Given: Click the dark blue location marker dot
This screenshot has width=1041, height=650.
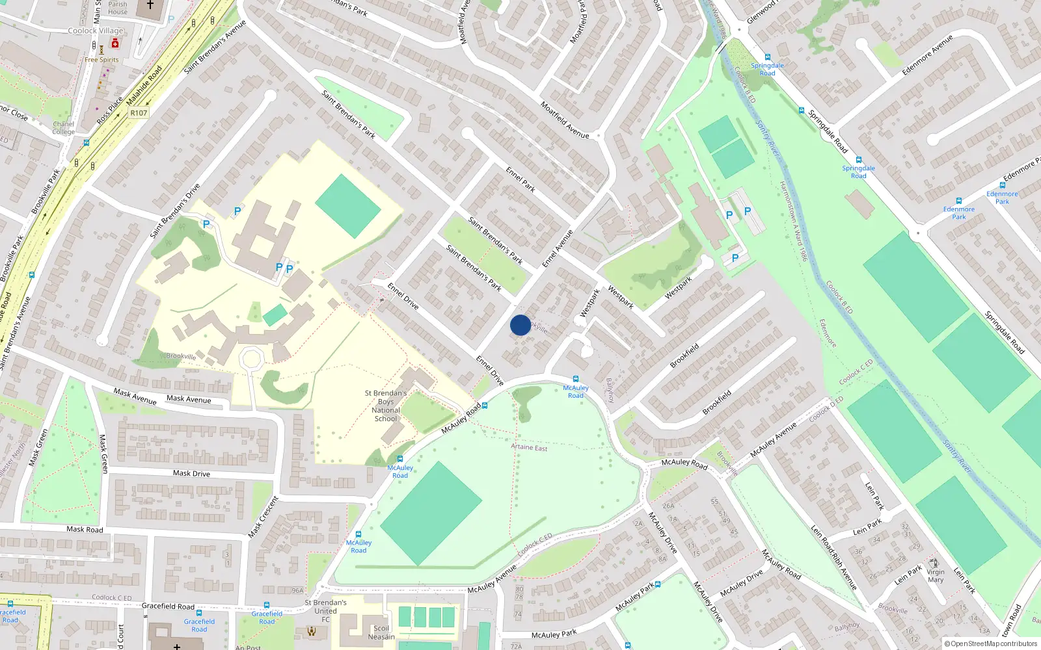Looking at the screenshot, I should [x=520, y=325].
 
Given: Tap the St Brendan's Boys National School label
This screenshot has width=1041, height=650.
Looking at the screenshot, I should [x=386, y=406].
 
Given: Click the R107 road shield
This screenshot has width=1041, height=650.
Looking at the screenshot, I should [x=139, y=112].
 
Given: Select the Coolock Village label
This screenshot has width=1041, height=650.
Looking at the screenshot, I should [x=96, y=31].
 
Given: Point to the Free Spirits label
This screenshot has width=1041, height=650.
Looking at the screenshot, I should [x=101, y=60].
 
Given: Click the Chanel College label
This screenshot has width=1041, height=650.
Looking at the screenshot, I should [x=64, y=128].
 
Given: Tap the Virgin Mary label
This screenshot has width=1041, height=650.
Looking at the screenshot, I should [x=936, y=576].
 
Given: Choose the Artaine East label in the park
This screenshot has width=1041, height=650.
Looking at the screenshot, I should [x=529, y=447].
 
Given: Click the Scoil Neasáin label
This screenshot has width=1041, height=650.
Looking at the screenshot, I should [x=381, y=632].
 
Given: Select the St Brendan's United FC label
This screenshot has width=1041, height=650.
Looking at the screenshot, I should [x=325, y=610].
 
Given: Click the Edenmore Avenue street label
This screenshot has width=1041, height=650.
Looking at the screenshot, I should [x=927, y=55].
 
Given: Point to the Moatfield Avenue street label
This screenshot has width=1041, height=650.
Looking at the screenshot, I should [x=564, y=120].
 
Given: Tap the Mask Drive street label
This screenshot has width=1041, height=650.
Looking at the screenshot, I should [x=191, y=473].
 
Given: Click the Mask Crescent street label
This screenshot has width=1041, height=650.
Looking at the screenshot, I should [x=264, y=517].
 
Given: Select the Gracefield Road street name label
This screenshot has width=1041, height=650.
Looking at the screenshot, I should [x=168, y=606].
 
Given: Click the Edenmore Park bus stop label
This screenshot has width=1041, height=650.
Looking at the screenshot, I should [x=1002, y=198].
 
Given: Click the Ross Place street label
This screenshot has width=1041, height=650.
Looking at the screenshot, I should [x=109, y=111].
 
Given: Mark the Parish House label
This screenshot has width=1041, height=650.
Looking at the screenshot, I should [x=118, y=8].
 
